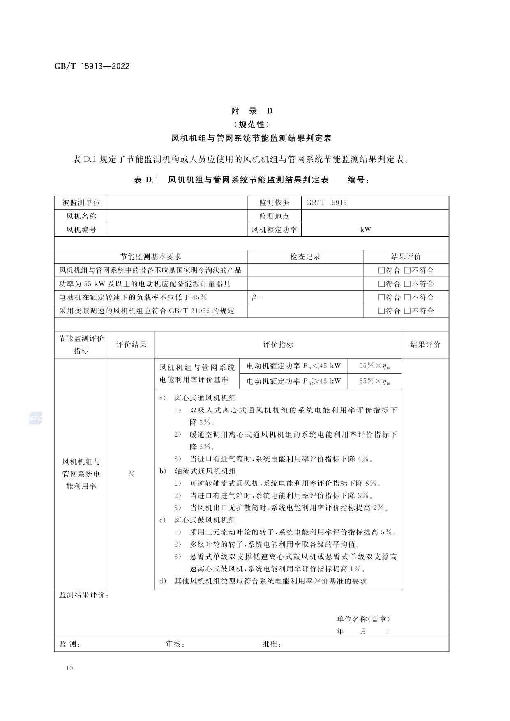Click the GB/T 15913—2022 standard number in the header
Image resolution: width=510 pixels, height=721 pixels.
(x=92, y=66)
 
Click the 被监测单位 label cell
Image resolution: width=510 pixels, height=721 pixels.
(x=81, y=203)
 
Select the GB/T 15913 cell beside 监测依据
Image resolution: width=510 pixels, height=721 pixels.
(x=326, y=203)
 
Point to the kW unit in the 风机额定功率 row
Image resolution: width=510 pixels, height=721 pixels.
(x=365, y=230)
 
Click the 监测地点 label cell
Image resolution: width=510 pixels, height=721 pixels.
(x=274, y=216)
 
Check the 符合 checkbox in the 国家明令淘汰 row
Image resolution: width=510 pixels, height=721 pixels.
(x=381, y=270)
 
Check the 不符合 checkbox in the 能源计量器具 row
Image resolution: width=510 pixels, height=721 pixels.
(x=408, y=284)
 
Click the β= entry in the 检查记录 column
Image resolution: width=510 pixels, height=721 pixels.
(x=257, y=297)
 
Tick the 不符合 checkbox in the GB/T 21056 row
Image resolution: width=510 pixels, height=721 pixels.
(x=408, y=311)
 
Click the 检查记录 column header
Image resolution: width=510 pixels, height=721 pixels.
(x=305, y=257)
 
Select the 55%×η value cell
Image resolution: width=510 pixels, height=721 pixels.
(x=374, y=366)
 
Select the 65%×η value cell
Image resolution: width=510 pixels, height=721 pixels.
(x=374, y=381)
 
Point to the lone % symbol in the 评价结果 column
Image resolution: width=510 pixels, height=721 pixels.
(x=132, y=474)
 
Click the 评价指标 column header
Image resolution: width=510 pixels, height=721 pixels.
(x=278, y=345)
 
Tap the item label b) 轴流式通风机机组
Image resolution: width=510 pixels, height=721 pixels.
(x=198, y=471)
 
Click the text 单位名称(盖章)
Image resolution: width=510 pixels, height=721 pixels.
(x=363, y=619)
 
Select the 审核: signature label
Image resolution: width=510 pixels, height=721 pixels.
(x=175, y=644)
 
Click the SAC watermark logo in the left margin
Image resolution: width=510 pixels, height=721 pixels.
(x=35, y=419)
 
